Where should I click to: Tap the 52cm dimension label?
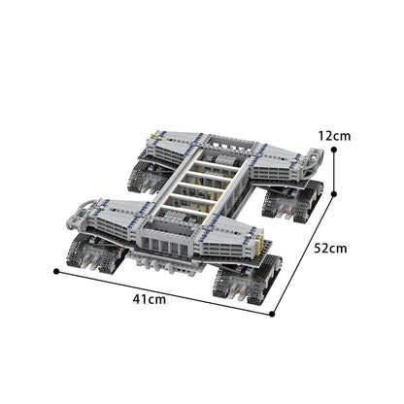pyautogui.click(x=330, y=250)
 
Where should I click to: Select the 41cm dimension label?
pyautogui.click(x=150, y=301)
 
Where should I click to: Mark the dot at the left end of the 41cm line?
pyautogui.click(x=56, y=272)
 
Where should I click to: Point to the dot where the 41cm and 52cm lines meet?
pyautogui.click(x=274, y=314)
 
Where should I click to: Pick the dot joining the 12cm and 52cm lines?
pyautogui.click(x=335, y=190)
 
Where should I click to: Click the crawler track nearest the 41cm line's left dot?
pyautogui.click(x=93, y=257)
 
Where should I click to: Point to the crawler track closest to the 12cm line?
pyautogui.click(x=288, y=199)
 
